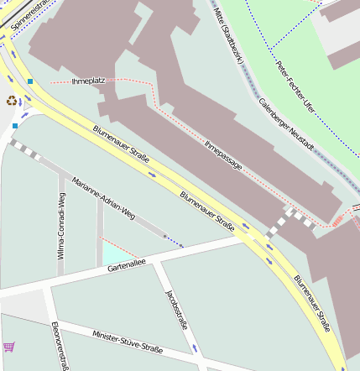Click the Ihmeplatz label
click(89, 81)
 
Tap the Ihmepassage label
click(223, 155)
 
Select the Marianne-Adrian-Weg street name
click(103, 197)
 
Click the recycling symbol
click(11, 101)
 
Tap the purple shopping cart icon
click(9, 346)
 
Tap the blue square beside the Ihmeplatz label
click(30, 81)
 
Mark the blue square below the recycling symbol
click(15, 126)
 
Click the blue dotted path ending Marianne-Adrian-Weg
click(175, 242)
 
